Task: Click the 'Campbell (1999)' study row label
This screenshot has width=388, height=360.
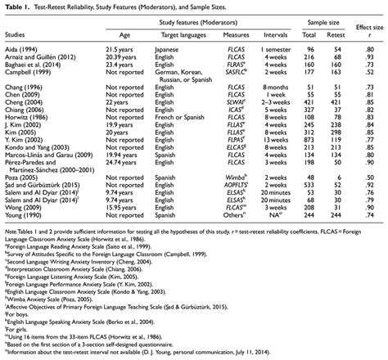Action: click(31, 71)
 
